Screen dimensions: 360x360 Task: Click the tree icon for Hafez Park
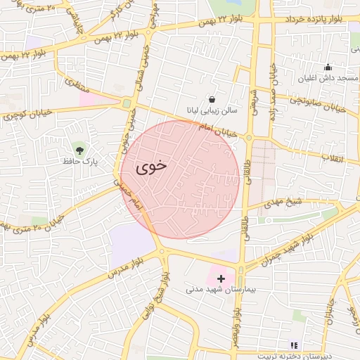click(79, 149)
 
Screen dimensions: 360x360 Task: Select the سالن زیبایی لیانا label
click(212, 111)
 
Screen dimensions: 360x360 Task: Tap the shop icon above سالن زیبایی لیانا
click(212, 98)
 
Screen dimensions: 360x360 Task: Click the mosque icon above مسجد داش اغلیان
click(327, 67)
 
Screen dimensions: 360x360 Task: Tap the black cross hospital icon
click(221, 278)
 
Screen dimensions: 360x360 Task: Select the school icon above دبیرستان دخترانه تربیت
click(294, 346)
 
